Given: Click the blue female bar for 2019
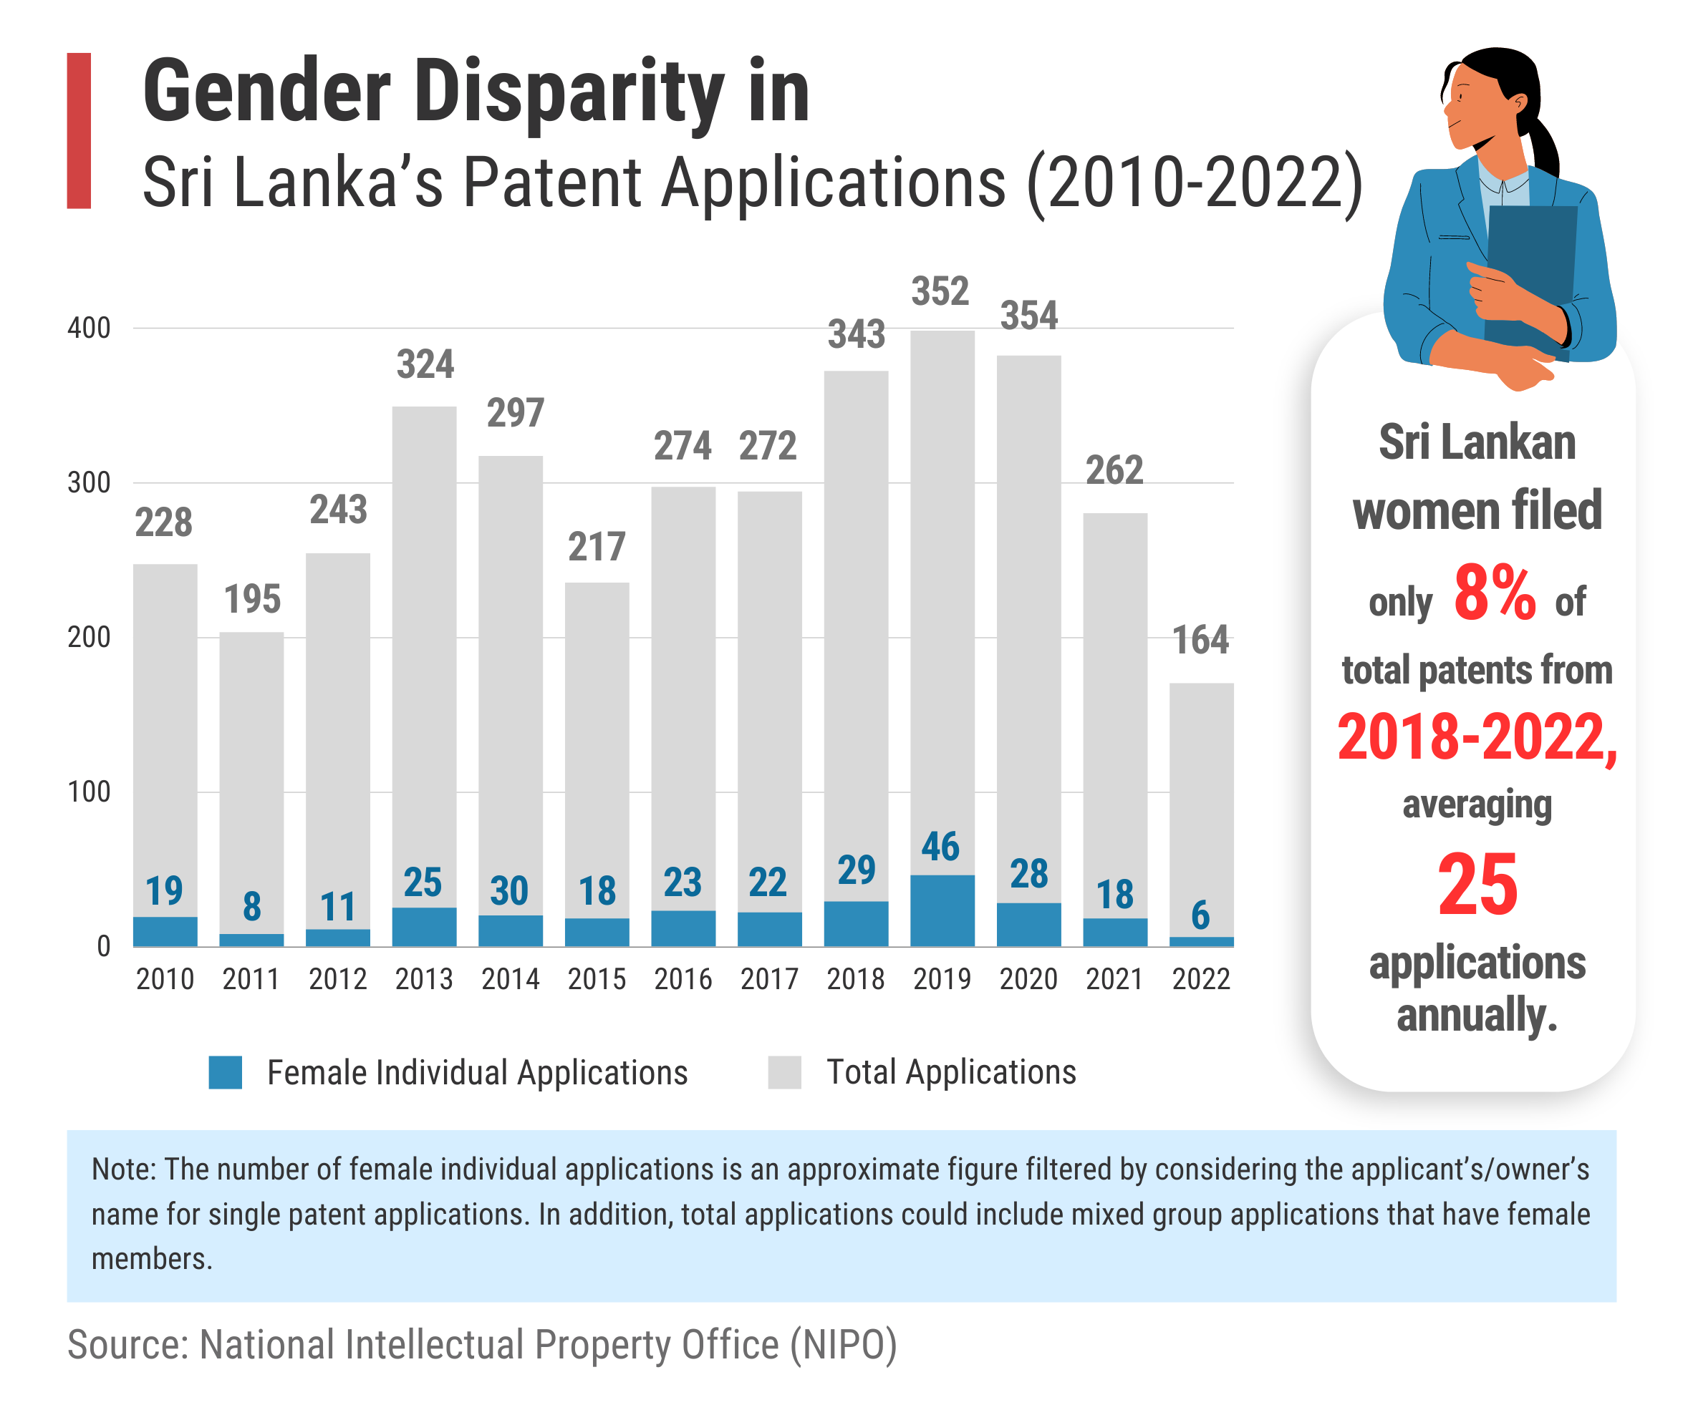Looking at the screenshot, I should click(942, 910).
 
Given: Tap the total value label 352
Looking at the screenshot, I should click(940, 291).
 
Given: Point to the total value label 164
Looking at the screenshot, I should click(1200, 640).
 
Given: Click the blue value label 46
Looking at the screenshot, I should click(940, 847).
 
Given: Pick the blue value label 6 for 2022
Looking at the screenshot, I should click(1200, 915).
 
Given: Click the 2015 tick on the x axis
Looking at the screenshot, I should click(597, 979).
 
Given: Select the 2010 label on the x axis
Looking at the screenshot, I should click(165, 979).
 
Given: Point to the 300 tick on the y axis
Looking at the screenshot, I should click(89, 482).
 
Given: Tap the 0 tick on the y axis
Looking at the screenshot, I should click(103, 946).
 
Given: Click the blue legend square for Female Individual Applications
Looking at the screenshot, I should click(225, 1073).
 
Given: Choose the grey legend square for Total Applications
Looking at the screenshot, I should click(785, 1072).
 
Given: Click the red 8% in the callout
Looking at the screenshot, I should click(1495, 593).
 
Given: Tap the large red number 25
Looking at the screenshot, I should click(1477, 885).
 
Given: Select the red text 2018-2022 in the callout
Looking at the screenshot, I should click(1476, 737).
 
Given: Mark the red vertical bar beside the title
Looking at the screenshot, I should click(79, 130).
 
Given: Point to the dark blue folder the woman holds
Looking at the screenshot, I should click(1530, 256).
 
